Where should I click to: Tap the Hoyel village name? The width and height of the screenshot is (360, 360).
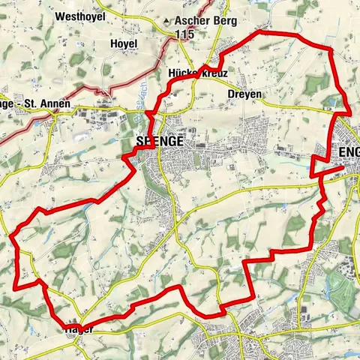pyautogui.click(x=124, y=44)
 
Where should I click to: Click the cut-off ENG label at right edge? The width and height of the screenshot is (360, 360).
pyautogui.click(x=349, y=152)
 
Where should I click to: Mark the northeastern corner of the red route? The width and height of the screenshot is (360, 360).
pyautogui.click(x=330, y=49)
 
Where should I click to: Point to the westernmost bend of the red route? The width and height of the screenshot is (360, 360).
pyautogui.click(x=13, y=236)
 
